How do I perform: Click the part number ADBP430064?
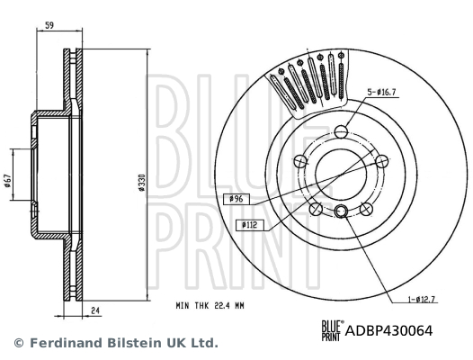[389, 330]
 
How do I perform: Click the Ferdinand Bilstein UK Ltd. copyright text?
[115, 343]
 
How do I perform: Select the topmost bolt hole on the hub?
[343, 131]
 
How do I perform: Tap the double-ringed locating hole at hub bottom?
[343, 211]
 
